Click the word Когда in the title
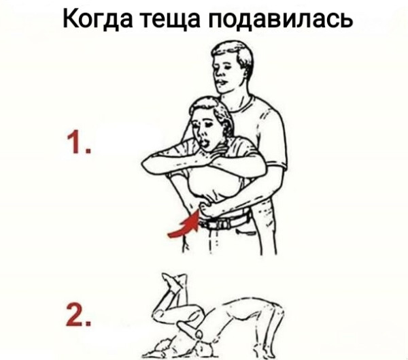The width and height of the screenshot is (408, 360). point(97,19)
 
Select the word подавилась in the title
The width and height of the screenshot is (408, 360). point(281,19)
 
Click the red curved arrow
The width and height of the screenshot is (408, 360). point(185,225)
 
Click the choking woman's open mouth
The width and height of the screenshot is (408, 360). point(205,143)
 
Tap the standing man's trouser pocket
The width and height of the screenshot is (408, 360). point(244,232)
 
